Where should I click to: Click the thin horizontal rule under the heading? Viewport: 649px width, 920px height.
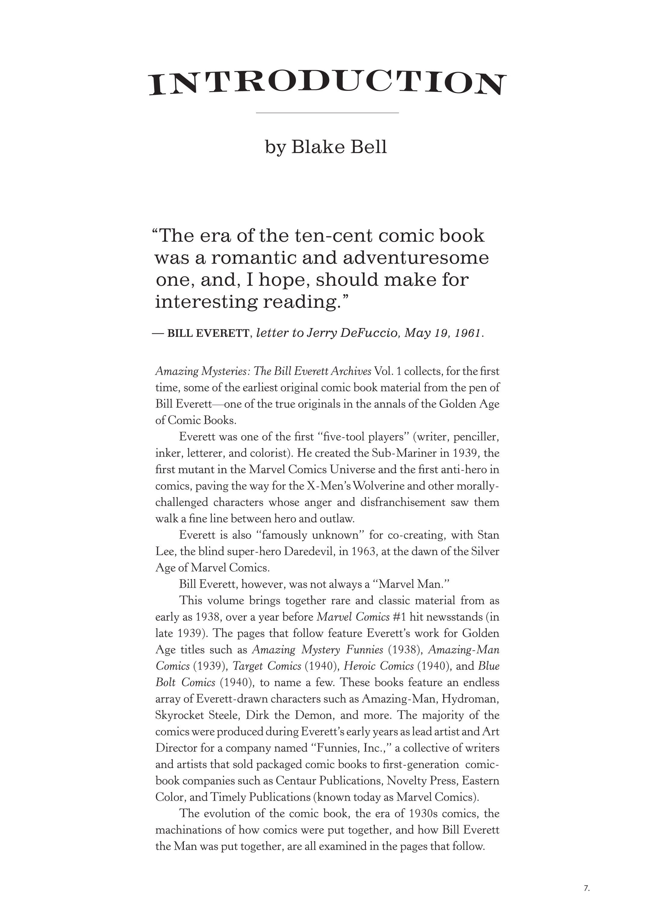point(327,113)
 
